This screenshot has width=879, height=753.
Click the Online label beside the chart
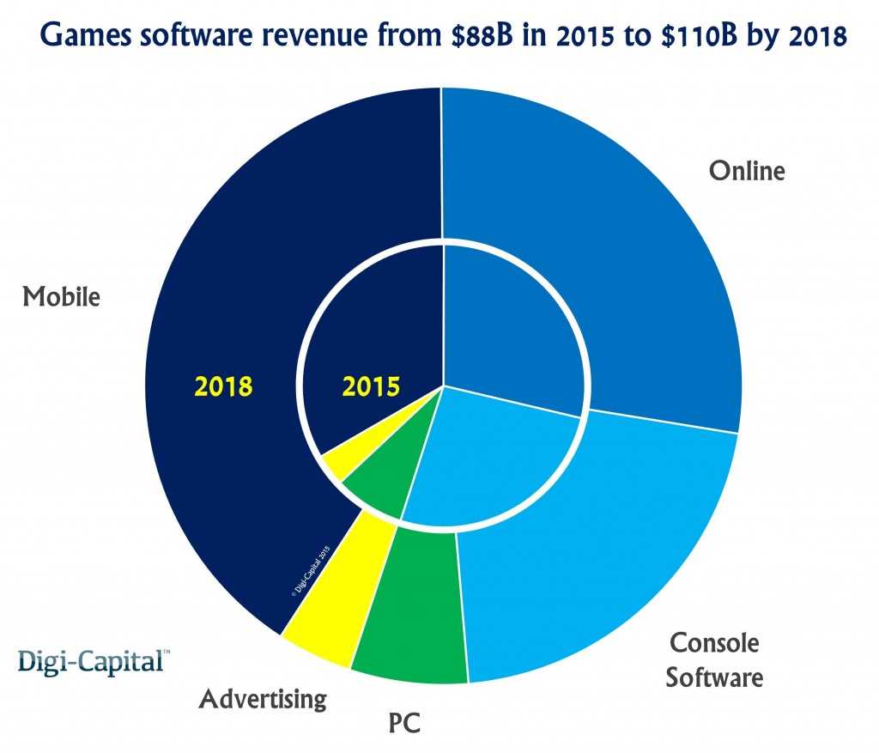746,171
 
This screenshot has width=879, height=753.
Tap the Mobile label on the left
61,297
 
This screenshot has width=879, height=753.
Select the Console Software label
714,659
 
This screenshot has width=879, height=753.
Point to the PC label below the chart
403,719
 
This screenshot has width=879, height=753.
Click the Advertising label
263,699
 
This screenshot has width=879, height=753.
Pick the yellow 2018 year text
223,386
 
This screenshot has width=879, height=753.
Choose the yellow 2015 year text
371,386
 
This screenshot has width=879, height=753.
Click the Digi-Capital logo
94,662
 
